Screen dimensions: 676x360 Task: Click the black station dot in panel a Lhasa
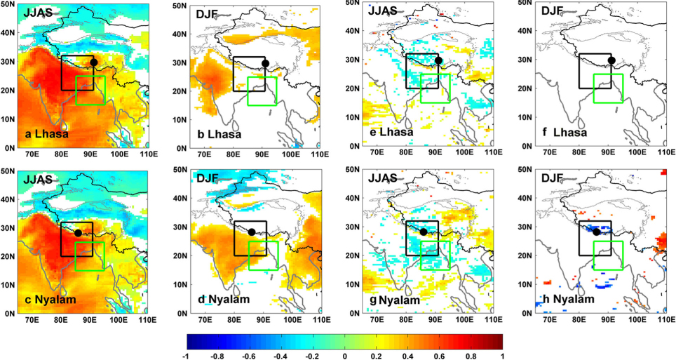coord(93,62)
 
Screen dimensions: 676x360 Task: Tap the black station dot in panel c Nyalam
coord(78,233)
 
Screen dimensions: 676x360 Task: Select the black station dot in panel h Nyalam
coord(597,232)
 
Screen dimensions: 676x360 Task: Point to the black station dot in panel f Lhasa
coord(611,60)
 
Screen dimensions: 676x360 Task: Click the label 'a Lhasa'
coord(46,134)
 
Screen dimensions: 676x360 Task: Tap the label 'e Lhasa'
coord(391,132)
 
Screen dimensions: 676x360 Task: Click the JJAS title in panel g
coord(382,178)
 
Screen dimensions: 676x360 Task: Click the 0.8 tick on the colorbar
coord(471,356)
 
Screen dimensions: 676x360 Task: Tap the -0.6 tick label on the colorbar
coord(250,356)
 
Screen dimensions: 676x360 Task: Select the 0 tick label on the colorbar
coord(345,356)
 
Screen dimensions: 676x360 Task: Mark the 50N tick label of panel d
coord(182,170)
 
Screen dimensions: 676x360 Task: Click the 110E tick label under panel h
coord(666,320)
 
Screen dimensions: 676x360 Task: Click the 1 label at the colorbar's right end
coord(503,356)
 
